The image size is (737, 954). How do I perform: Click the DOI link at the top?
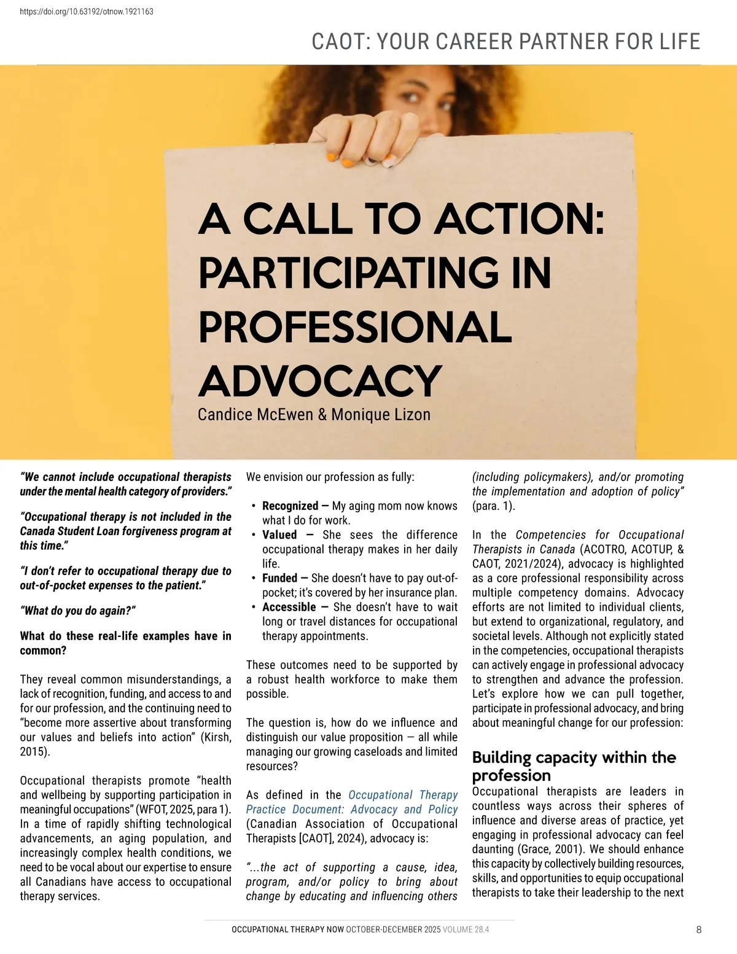(x=87, y=11)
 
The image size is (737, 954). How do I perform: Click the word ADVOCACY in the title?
(x=320, y=381)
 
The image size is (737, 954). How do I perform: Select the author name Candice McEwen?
(x=255, y=415)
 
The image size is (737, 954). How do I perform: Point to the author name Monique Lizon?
(x=381, y=415)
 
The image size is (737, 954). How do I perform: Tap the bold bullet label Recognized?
(x=290, y=506)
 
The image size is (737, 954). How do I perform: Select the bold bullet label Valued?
(x=279, y=535)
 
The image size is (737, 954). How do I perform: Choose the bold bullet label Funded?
(x=279, y=578)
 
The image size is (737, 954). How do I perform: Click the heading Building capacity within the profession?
(x=574, y=765)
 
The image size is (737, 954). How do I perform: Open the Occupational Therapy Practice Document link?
(x=352, y=802)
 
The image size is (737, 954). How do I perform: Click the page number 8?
(x=699, y=929)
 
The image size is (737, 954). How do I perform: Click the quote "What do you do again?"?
(x=78, y=611)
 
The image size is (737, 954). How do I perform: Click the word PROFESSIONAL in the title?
(x=355, y=327)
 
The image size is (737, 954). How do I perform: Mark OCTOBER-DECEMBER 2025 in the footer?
(x=393, y=929)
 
